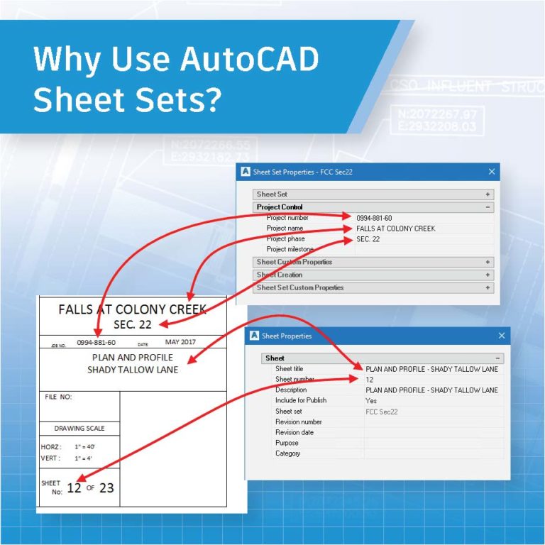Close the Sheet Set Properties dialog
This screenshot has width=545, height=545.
point(492,172)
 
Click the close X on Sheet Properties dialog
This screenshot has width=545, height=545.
point(502,336)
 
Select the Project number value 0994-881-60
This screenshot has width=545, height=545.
point(373,218)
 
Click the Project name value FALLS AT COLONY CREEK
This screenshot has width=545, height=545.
point(395,229)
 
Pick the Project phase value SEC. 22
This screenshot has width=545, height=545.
point(368,239)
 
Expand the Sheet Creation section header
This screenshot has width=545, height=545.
point(279,275)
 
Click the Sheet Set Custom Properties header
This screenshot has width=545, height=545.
point(299,287)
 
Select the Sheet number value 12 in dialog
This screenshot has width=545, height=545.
point(370,380)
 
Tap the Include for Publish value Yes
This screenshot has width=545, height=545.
point(371,400)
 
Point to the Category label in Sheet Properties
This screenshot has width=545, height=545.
point(287,453)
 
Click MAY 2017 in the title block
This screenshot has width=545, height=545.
point(180,342)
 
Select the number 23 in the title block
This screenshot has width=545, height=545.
point(106,488)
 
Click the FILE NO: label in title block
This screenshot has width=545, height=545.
point(58,397)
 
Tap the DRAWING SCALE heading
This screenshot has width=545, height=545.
point(79,429)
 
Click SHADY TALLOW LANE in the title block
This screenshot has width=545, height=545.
point(133,370)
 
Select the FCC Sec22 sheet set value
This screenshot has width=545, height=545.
point(382,411)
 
